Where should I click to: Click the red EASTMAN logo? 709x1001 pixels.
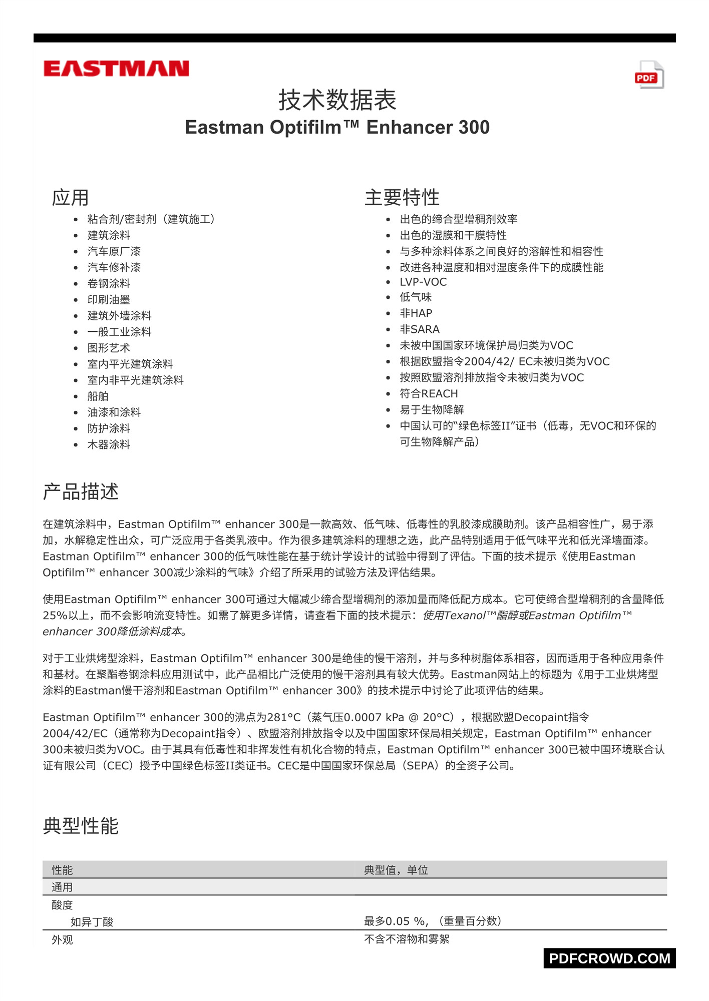coord(116,69)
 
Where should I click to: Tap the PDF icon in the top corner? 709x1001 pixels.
coord(649,75)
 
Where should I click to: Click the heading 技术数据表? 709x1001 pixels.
coord(337,100)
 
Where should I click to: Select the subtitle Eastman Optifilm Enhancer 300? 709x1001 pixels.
coord(337,127)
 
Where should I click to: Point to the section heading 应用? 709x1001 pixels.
coord(70,198)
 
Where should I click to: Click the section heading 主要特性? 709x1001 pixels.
coord(402,198)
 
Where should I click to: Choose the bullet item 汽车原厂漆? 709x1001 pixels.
coord(114,251)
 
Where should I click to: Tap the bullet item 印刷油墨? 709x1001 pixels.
coord(109,299)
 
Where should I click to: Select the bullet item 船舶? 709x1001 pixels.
coord(98,396)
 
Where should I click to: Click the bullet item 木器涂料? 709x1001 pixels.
coord(109,444)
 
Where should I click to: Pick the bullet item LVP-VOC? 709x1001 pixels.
coord(423,282)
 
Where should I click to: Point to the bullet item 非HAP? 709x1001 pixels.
coord(416,313)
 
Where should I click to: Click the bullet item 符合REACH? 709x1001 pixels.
coord(429,394)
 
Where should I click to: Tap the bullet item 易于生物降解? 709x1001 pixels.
coord(432,410)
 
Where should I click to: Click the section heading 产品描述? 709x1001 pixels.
coord(81,492)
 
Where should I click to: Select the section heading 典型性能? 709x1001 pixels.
coord(81,826)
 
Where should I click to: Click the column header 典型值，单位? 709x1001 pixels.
coord(396,870)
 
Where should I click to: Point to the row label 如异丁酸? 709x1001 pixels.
coord(92,922)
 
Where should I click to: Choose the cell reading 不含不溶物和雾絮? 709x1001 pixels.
coord(406,939)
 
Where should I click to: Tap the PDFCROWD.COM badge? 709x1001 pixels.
coord(609,958)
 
